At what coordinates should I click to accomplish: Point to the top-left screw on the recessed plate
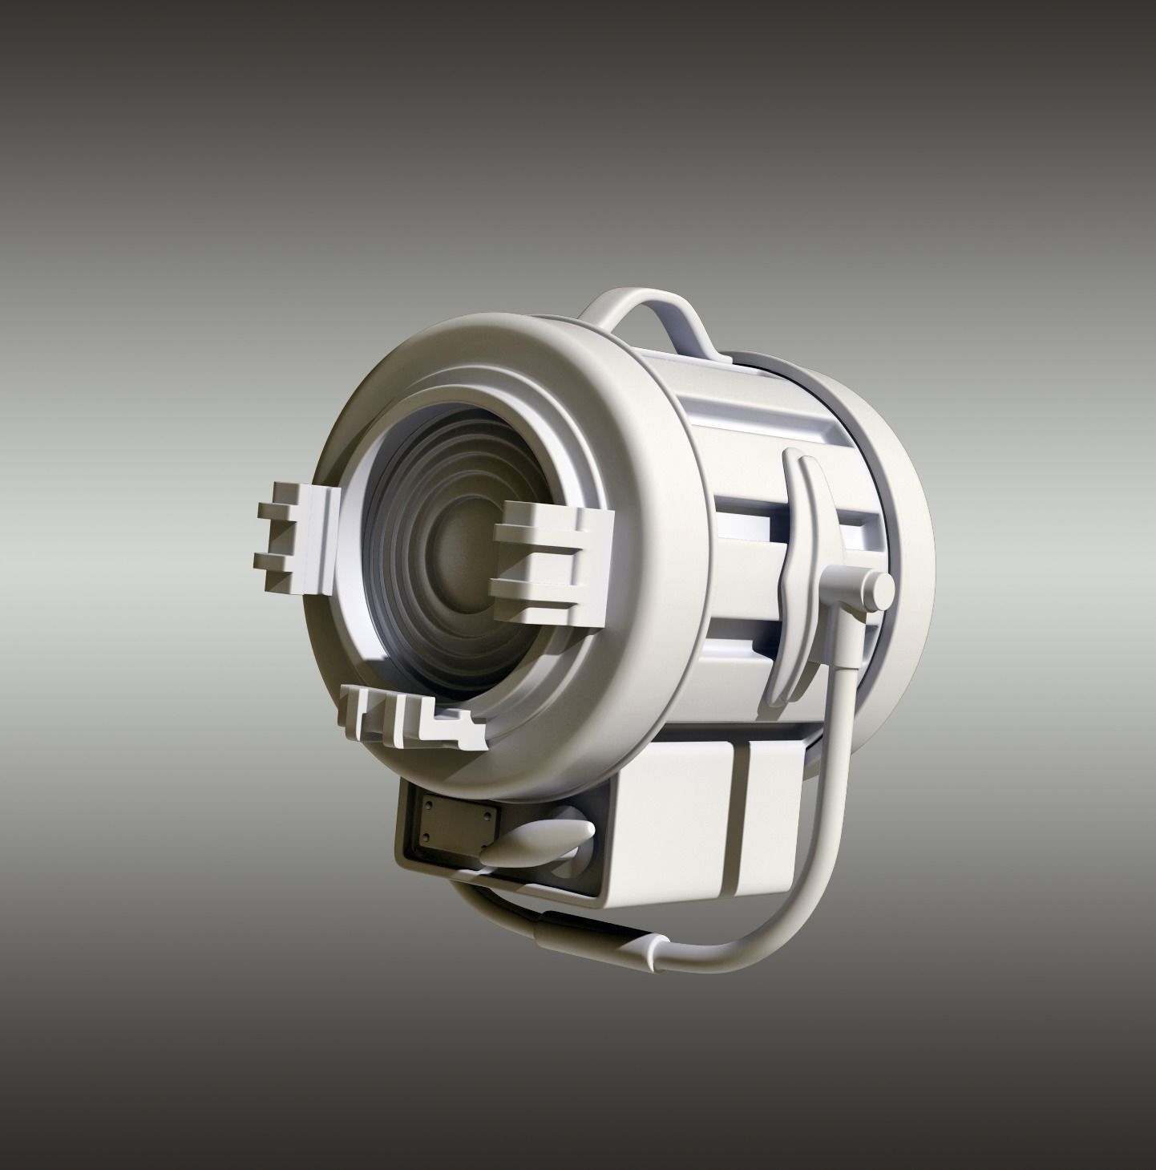click(x=427, y=804)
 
